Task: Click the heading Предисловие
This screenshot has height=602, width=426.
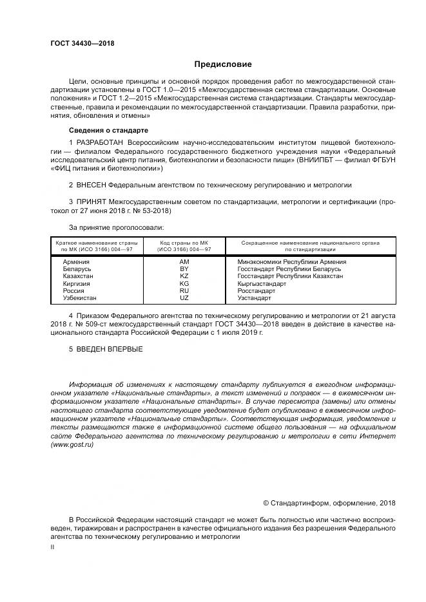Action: (x=223, y=64)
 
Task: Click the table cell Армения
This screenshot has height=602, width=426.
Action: (x=76, y=262)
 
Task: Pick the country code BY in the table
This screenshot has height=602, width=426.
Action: (x=184, y=269)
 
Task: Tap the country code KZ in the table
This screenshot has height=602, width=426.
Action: (x=184, y=276)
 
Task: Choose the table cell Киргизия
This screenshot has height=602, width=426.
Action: (x=77, y=283)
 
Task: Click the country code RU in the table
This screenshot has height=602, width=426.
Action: (x=184, y=290)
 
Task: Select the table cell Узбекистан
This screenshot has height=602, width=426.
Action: (x=80, y=297)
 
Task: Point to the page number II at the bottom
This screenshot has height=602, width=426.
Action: (x=52, y=546)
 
